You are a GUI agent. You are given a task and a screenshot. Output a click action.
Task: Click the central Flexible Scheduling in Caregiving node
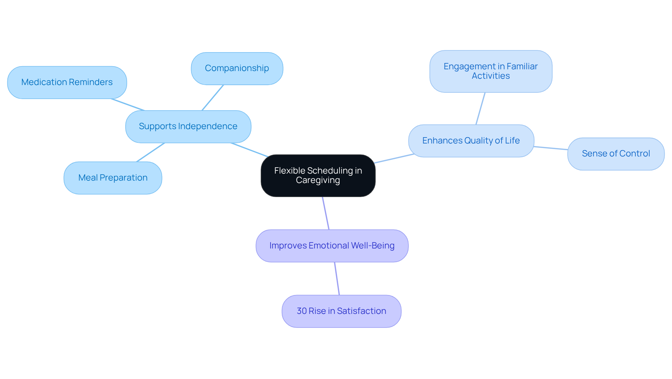pos(318,175)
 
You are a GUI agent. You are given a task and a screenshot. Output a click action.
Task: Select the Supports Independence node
pos(188,126)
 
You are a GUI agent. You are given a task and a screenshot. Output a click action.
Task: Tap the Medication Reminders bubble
pos(67,82)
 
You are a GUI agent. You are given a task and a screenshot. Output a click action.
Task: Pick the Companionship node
pos(237,68)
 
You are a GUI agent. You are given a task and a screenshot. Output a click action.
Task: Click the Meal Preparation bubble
pos(113,178)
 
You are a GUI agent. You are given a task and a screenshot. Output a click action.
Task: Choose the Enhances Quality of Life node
pos(471,141)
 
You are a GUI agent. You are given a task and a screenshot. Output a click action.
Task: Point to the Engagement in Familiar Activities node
pos(490,71)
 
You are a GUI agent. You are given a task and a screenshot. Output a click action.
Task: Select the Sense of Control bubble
pos(616,154)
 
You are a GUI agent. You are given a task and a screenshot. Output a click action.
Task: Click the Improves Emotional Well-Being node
pos(332,246)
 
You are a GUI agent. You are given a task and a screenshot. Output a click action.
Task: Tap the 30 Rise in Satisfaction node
pos(341,311)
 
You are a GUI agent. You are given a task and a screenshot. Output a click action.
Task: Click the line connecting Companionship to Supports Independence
pos(212,98)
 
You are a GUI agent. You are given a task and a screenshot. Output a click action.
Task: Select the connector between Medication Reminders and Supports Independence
pos(128,105)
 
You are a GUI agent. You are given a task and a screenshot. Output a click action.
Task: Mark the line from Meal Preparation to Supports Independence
pos(150,152)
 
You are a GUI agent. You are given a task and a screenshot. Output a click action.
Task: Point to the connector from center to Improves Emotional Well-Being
pos(326,213)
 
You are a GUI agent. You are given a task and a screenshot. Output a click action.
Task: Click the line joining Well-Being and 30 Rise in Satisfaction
pos(337,279)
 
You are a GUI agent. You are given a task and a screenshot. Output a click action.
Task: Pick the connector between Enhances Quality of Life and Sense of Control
pos(551,148)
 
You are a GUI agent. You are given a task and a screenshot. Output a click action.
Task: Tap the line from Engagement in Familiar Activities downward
pos(481,108)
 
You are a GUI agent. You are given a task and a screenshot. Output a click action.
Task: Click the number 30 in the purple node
pos(302,311)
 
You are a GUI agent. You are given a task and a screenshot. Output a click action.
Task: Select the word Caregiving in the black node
pos(318,180)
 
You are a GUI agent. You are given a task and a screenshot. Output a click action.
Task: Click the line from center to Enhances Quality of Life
pos(394,159)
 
